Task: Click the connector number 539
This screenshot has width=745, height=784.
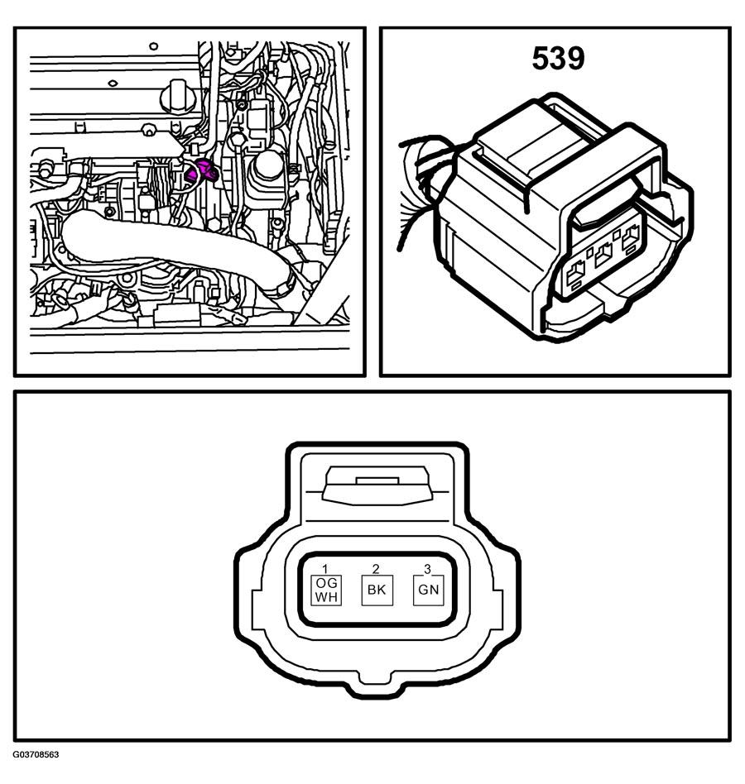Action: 558,58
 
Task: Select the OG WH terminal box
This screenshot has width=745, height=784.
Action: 326,590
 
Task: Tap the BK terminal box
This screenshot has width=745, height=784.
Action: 377,590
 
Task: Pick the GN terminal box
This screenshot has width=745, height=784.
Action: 428,590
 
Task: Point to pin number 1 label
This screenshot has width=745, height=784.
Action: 325,568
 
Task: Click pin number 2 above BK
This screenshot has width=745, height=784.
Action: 376,568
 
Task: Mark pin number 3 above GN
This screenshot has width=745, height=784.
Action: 427,568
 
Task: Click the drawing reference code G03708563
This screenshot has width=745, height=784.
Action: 36,754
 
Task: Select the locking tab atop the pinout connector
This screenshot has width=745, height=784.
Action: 377,485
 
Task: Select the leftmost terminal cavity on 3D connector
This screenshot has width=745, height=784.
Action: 574,273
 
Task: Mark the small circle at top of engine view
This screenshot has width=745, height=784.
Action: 154,46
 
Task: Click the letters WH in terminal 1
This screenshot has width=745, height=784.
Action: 326,597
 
